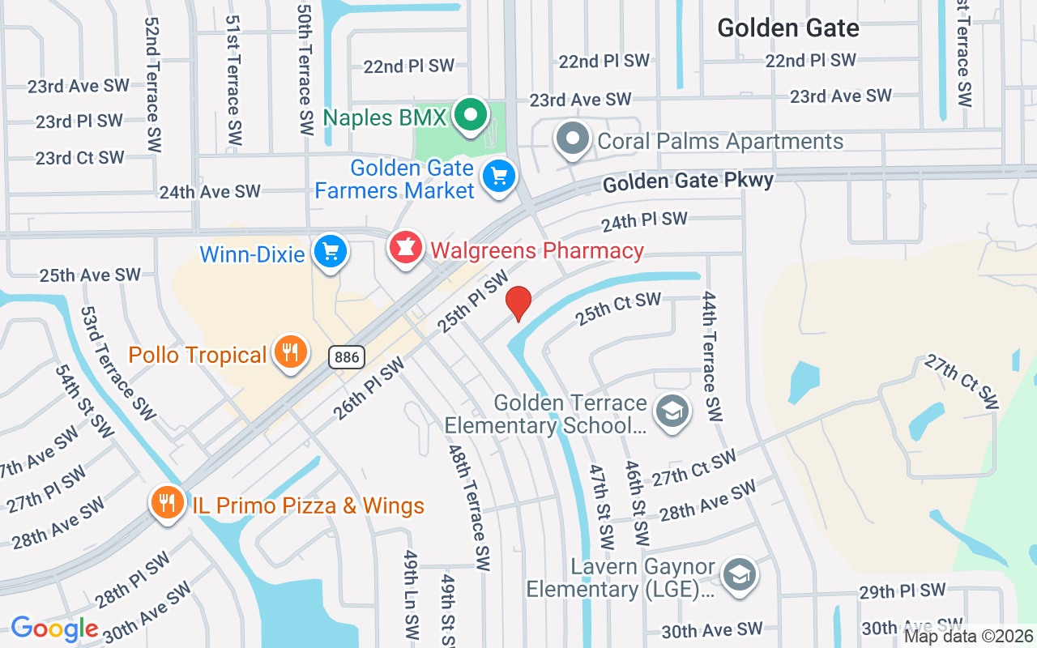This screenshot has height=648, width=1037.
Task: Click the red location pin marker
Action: (518, 304)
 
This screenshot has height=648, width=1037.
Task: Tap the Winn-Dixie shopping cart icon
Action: (330, 251)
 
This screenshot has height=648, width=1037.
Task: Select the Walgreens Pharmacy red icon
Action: (406, 248)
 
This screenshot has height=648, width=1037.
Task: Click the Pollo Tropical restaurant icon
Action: (290, 352)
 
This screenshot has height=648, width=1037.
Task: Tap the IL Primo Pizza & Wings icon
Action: (167, 503)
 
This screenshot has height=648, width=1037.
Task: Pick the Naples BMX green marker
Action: (469, 116)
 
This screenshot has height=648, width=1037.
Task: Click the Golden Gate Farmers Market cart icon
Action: (498, 176)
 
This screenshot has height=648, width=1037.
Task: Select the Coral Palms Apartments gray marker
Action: (573, 139)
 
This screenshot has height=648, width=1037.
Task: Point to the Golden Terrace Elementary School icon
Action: (672, 411)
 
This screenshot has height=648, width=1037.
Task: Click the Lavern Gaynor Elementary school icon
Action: (738, 575)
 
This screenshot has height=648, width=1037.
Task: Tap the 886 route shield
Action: (347, 356)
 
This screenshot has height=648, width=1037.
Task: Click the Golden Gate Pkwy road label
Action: (688, 181)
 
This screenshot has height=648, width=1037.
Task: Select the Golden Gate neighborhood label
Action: (787, 28)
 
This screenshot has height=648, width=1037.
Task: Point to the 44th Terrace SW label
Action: (711, 356)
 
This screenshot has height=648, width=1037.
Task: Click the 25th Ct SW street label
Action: (618, 308)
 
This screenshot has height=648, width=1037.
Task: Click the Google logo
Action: (54, 629)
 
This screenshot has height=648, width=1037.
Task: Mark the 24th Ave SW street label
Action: (210, 192)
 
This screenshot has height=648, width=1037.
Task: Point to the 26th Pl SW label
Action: (368, 390)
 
